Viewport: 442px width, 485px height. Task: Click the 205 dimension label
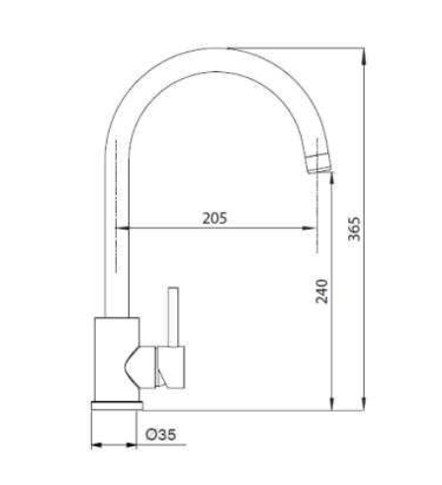215,218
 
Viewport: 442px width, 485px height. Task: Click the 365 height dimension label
355,229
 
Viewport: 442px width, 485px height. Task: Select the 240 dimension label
322,291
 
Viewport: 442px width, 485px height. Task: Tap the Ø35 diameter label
161,435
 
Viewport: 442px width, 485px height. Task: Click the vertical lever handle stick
173,317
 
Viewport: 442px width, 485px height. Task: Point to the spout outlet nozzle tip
319,163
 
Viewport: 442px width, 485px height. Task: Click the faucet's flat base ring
117,406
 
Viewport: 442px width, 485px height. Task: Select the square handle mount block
171,367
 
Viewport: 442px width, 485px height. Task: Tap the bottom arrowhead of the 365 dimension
364,403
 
